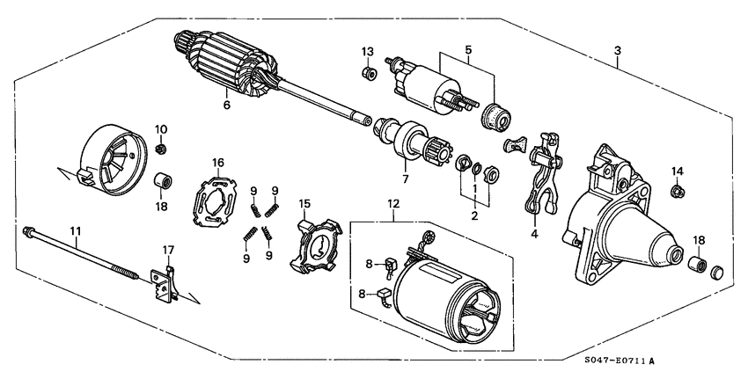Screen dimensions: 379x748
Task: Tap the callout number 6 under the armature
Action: [226, 105]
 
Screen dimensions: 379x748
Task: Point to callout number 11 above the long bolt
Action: [76, 231]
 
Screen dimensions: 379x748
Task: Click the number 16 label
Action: [217, 162]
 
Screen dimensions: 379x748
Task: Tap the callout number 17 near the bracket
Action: [168, 250]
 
